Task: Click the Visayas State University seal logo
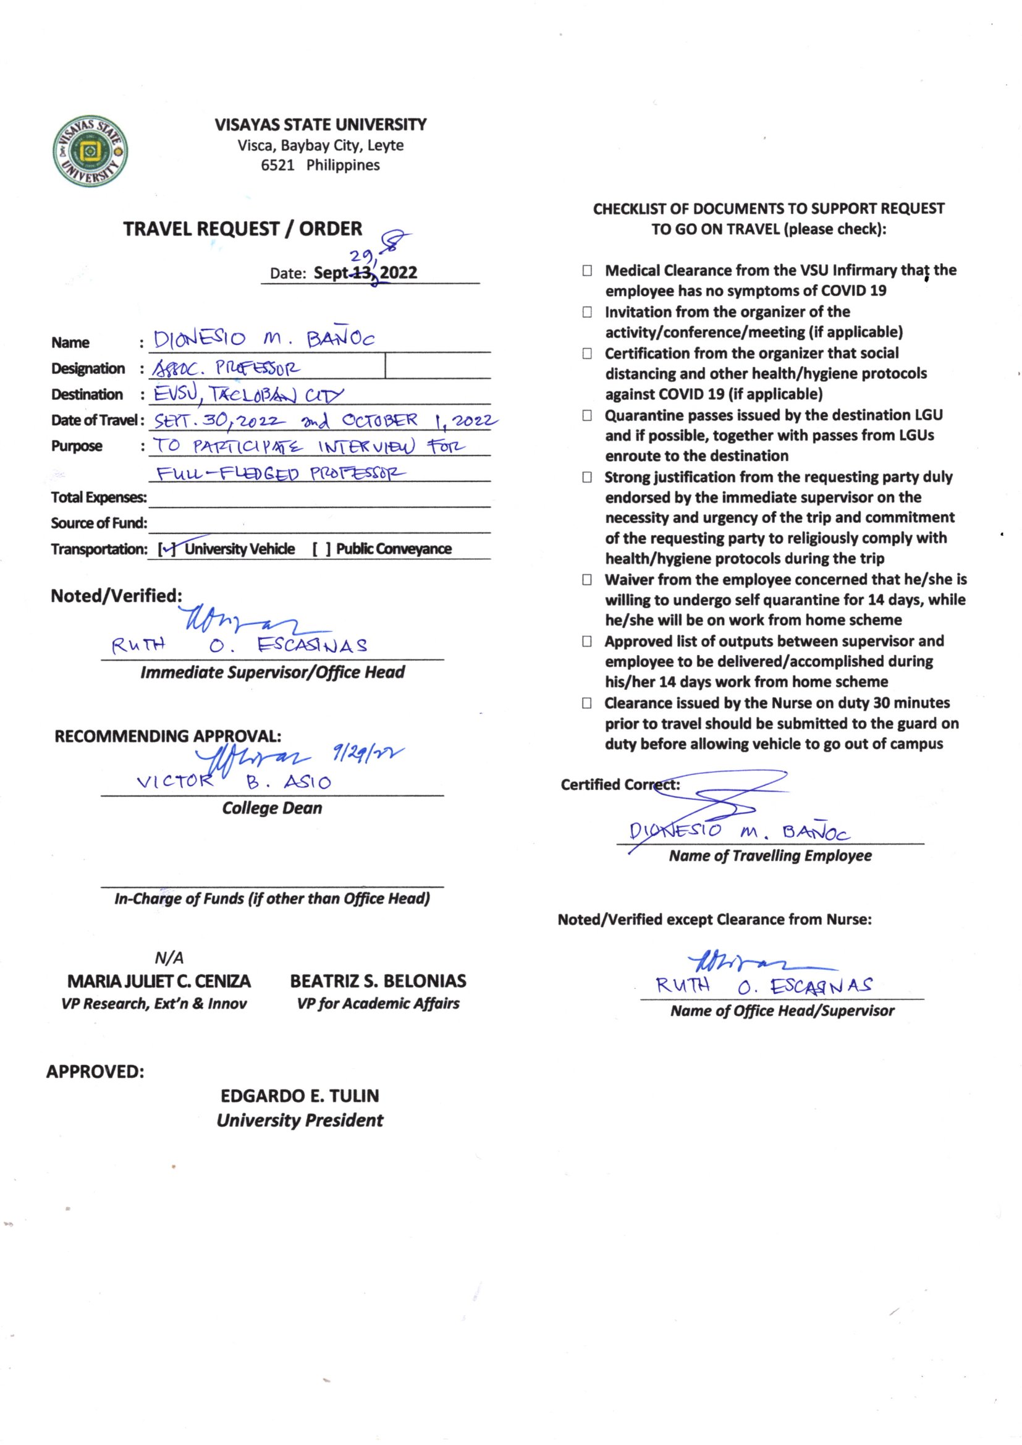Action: click(x=91, y=151)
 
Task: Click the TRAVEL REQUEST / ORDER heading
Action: click(x=242, y=229)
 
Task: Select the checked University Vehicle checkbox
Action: click(x=167, y=549)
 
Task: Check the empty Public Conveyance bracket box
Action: click(x=321, y=549)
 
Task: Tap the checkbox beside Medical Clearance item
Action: click(x=587, y=271)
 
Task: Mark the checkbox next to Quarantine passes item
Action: click(x=587, y=415)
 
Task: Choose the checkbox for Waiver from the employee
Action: click(x=587, y=580)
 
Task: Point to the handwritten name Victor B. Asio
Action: click(x=234, y=782)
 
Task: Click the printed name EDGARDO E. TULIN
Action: click(x=300, y=1096)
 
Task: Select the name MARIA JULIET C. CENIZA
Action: click(x=159, y=981)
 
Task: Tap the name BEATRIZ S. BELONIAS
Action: click(x=378, y=981)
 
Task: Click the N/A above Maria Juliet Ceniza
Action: click(x=169, y=958)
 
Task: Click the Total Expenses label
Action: click(x=99, y=497)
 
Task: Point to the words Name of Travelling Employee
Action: click(x=770, y=856)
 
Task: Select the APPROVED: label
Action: click(x=95, y=1071)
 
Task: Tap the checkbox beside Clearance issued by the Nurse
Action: click(x=587, y=703)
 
